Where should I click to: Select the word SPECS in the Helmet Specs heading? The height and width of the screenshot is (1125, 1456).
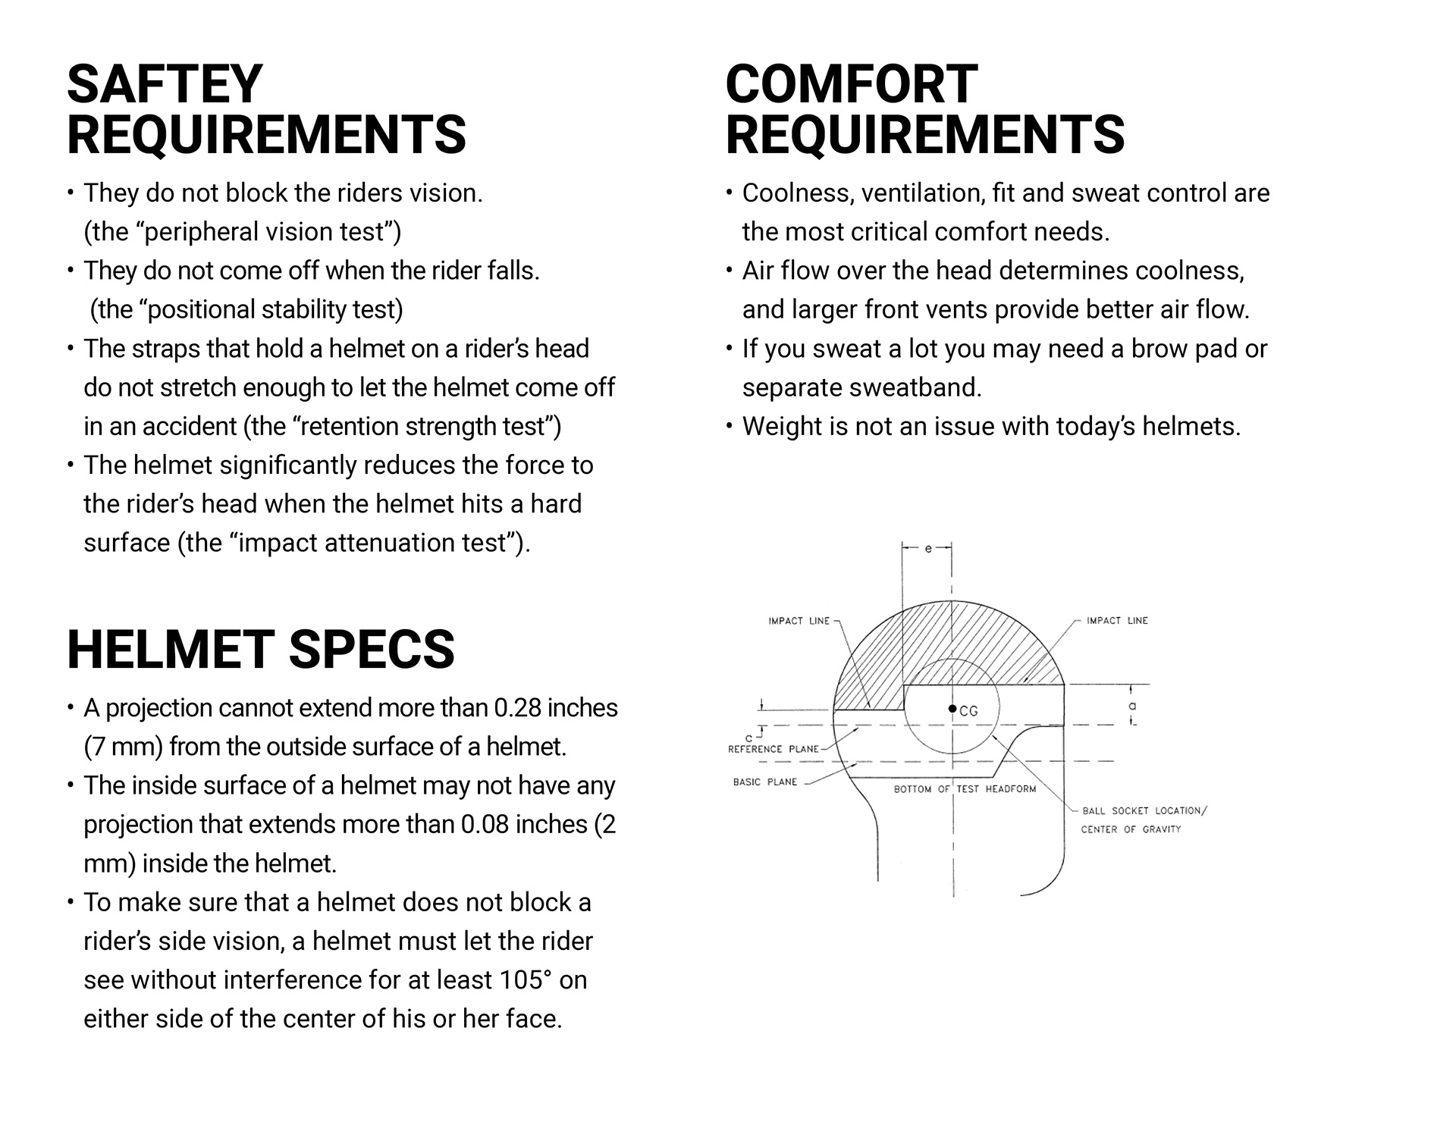pyautogui.click(x=372, y=650)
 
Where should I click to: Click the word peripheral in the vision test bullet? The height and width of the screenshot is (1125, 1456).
pyautogui.click(x=199, y=233)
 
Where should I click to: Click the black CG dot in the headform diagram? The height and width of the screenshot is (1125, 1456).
pyautogui.click(x=952, y=709)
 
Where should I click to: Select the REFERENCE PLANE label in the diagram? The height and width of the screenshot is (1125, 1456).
pyautogui.click(x=773, y=749)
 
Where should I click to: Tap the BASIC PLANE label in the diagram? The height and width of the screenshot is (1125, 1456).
pyautogui.click(x=765, y=782)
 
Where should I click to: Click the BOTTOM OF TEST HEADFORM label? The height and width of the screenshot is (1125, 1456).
pyautogui.click(x=965, y=789)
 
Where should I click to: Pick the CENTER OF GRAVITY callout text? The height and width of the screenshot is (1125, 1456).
pyautogui.click(x=1131, y=829)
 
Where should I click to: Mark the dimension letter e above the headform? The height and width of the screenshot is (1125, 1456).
pyautogui.click(x=927, y=548)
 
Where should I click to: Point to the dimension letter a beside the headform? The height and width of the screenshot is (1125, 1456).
pyautogui.click(x=1133, y=706)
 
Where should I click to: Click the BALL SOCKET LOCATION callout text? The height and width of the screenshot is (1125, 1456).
pyautogui.click(x=1144, y=810)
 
